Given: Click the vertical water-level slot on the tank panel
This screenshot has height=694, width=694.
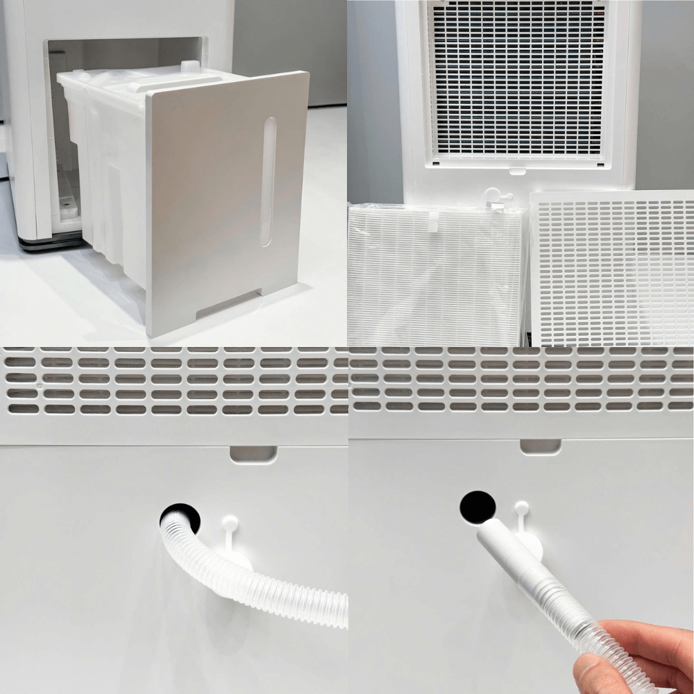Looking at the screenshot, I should click(x=268, y=182).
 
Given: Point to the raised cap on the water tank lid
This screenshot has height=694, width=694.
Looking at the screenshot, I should click(x=189, y=67).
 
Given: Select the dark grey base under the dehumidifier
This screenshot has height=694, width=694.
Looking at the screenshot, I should click(x=51, y=242).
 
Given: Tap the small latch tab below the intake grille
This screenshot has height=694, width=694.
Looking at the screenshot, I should click(x=516, y=170).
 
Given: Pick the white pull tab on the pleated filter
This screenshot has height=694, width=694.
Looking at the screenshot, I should click(x=432, y=221).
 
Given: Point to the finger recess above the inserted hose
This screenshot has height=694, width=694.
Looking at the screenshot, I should click(x=253, y=453).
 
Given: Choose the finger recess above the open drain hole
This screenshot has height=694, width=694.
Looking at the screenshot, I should click(x=540, y=446).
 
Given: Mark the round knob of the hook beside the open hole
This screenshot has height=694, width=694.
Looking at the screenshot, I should click(x=521, y=508).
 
